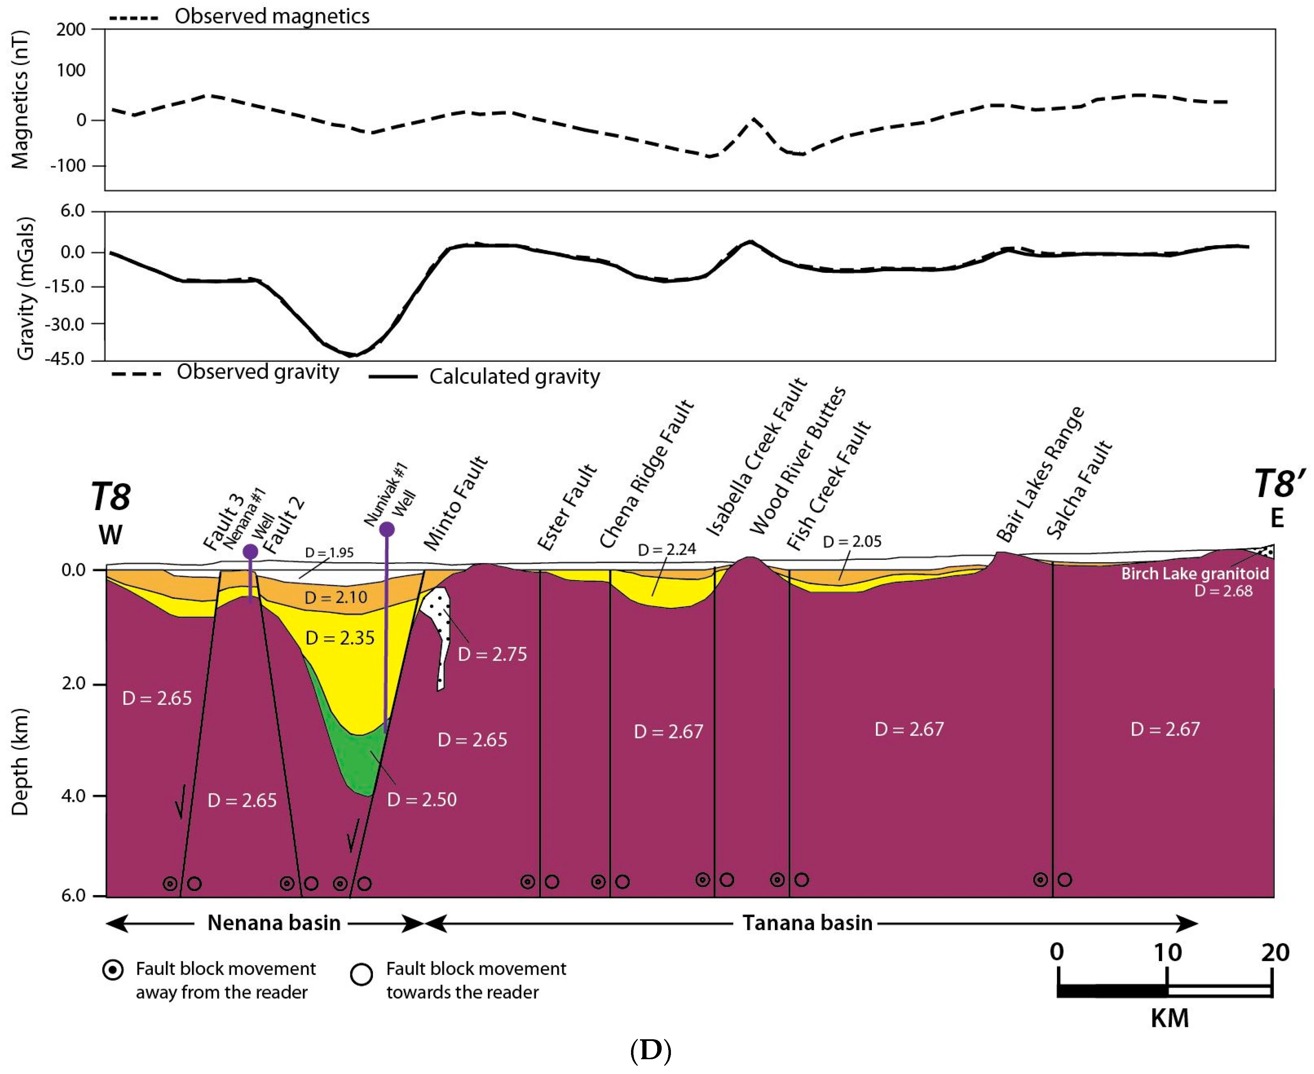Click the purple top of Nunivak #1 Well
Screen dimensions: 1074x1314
387,529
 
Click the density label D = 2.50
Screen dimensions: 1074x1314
422,799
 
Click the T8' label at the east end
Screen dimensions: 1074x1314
1279,484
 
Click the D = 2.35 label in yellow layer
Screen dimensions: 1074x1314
340,638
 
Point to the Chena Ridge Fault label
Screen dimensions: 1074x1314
647,474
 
